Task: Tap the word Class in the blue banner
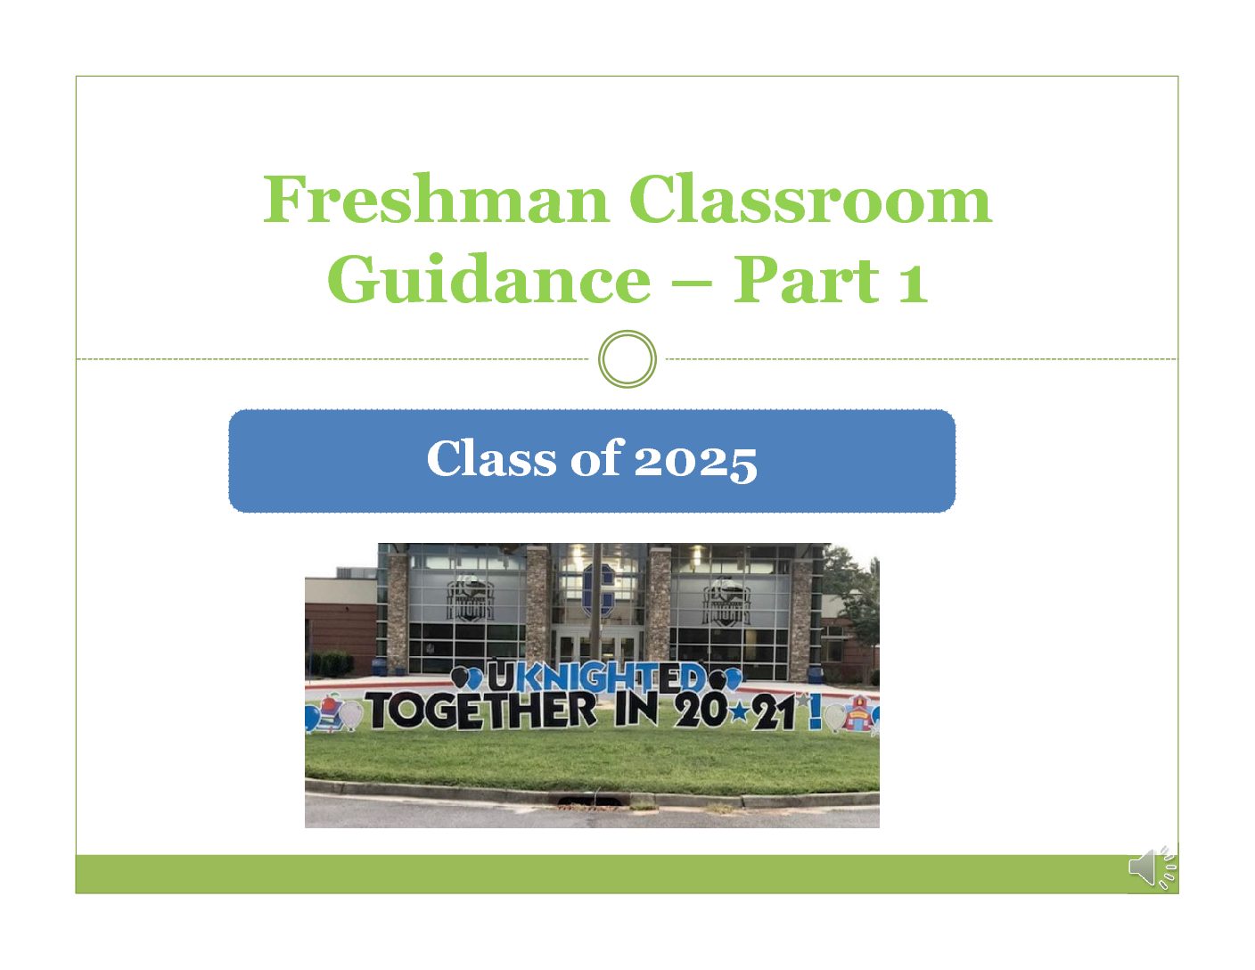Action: [x=491, y=457]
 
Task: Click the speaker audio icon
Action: [x=1152, y=867]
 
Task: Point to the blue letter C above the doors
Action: [x=597, y=589]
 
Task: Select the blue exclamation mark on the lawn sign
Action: [x=815, y=711]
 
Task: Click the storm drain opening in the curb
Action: [x=590, y=801]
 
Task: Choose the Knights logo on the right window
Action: [x=726, y=602]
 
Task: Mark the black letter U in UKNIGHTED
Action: [x=501, y=677]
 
